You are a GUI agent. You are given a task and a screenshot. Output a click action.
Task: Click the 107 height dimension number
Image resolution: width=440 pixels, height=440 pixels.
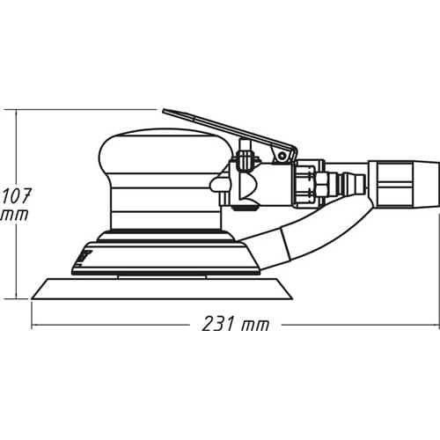click(x=16, y=196)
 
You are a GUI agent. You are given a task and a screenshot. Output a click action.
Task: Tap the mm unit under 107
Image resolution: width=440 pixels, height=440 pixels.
click(x=15, y=215)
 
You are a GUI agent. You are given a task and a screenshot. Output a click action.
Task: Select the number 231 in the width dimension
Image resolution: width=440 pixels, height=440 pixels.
click(x=218, y=324)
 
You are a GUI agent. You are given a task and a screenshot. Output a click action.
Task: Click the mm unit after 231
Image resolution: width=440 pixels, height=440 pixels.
click(x=255, y=326)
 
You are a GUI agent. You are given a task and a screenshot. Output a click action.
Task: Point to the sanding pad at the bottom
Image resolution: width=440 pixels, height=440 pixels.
click(x=162, y=289)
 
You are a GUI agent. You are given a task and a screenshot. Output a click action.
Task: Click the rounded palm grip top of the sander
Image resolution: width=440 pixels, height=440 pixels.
click(x=165, y=151)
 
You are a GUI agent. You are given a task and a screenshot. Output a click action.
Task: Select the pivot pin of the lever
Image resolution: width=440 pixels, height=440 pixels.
click(x=282, y=155)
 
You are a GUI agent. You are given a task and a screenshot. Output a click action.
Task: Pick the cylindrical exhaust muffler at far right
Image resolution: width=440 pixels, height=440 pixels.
click(x=404, y=184)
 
